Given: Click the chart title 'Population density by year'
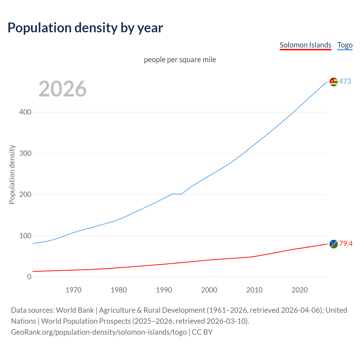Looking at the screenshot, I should click(85, 28).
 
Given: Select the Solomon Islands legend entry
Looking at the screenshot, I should click(305, 45).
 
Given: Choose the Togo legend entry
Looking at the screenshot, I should click(345, 45).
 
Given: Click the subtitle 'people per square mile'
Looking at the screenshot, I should click(180, 60).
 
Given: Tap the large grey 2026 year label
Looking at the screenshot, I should click(62, 89).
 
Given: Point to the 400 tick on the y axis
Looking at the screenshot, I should click(25, 112).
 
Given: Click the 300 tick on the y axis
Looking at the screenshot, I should click(25, 153).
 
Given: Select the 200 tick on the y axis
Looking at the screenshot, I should click(25, 195).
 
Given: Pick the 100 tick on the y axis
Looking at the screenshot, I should click(25, 236).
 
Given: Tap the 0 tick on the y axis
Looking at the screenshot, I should click(29, 277).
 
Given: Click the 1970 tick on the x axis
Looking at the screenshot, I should click(73, 290).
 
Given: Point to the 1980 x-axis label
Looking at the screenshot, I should click(119, 290).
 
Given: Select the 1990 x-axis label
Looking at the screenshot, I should click(164, 290).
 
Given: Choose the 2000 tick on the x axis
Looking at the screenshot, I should click(209, 290).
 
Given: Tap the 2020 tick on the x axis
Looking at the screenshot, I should click(300, 290).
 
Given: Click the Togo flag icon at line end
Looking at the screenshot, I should click(334, 82).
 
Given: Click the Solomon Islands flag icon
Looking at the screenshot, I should click(334, 244).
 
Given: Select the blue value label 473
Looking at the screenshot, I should click(345, 82).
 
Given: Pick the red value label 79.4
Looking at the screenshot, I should click(346, 244).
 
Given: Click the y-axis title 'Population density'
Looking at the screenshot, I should click(12, 174).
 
